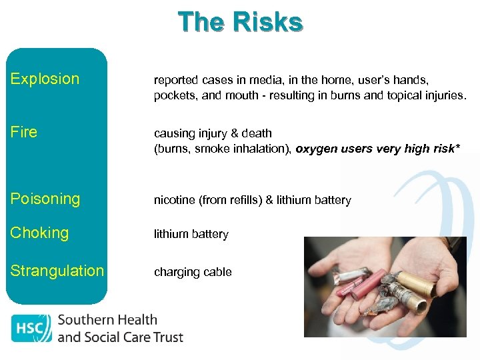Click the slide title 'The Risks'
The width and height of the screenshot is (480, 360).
click(240, 22)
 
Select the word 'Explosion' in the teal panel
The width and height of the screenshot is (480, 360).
click(45, 79)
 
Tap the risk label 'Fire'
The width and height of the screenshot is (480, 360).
click(24, 132)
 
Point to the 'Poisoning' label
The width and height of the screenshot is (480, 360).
click(45, 199)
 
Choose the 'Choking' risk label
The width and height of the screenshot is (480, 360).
click(40, 233)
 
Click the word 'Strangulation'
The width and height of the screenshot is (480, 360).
click(57, 271)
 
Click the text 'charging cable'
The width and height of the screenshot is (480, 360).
click(193, 272)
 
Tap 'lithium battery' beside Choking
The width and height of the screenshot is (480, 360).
click(191, 234)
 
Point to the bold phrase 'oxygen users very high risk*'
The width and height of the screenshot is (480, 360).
click(377, 149)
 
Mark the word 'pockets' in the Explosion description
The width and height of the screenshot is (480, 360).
click(173, 95)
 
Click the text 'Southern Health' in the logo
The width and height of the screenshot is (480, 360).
click(107, 320)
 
